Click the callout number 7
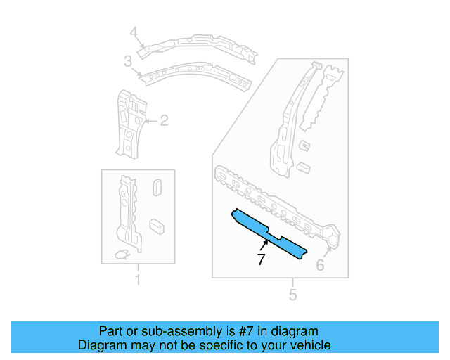click(262, 259)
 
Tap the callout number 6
click(320, 265)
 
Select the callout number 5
click(292, 294)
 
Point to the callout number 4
click(134, 32)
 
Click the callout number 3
click(128, 62)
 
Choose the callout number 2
click(164, 121)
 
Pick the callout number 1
click(137, 281)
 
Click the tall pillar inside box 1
click(127, 211)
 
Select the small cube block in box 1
click(156, 225)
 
